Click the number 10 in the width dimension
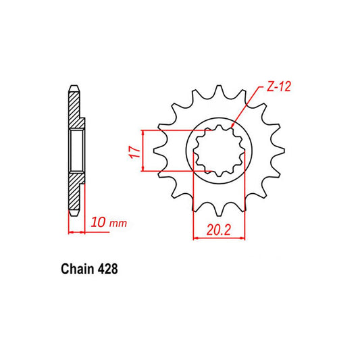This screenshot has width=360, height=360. coord(97,222)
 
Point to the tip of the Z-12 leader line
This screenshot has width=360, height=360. coord(231,126)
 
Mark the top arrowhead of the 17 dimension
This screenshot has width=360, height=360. coord(142,131)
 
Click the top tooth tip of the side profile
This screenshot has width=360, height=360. coord(72,86)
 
